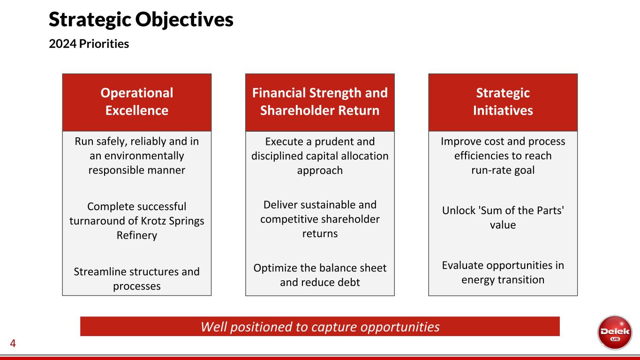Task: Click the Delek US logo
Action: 615,332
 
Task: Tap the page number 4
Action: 13,343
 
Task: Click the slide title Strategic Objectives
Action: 141,19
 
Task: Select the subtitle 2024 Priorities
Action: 89,44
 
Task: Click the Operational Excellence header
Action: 137,102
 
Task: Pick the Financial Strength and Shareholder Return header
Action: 320,102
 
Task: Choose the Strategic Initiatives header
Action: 503,102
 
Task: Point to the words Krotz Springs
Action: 173,221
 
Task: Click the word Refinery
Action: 137,235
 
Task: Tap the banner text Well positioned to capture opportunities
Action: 320,327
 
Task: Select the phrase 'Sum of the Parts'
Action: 523,210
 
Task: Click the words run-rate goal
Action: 503,170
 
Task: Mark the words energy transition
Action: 503,280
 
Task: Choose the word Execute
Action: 284,142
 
